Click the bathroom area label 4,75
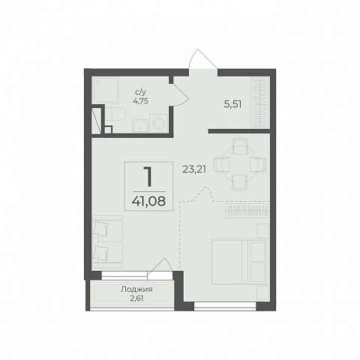pyautogui.click(x=141, y=101)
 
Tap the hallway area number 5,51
pyautogui.click(x=232, y=104)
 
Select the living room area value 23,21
pyautogui.click(x=194, y=169)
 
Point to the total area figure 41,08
pyautogui.click(x=148, y=200)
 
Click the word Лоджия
pyautogui.click(x=136, y=289)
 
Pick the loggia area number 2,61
pyautogui.click(x=136, y=298)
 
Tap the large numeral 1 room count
pyautogui.click(x=148, y=177)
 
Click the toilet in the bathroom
pyautogui.click(x=115, y=114)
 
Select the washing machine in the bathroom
pyautogui.click(x=158, y=123)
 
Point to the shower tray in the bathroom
pyautogui.click(x=105, y=90)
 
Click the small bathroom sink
pyautogui.click(x=140, y=126)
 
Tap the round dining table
pyautogui.click(x=239, y=164)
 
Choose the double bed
pyautogui.click(x=239, y=262)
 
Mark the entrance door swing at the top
pyautogui.click(x=202, y=59)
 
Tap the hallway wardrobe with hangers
pyautogui.click(x=260, y=103)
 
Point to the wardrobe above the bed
pyautogui.click(x=247, y=211)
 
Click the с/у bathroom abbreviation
pyautogui.click(x=140, y=93)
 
